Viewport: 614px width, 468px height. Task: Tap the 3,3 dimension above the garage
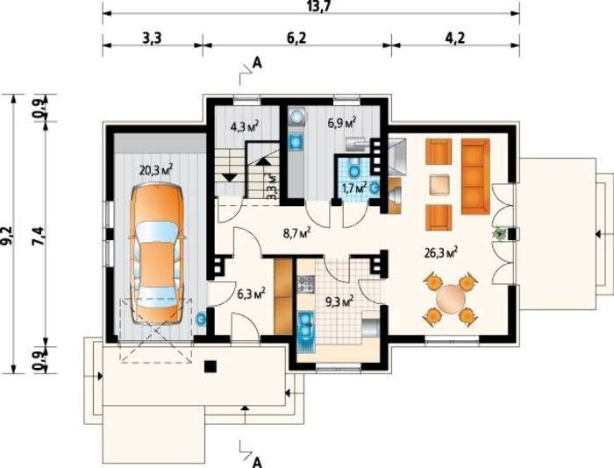pos(153,39)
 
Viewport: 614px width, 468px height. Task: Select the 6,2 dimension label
pos(296,39)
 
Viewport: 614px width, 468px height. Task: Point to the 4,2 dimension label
pos(455,39)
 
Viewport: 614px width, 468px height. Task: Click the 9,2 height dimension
pos(7,236)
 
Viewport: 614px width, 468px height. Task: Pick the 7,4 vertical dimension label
pos(39,236)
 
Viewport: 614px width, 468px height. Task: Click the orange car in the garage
pos(157,253)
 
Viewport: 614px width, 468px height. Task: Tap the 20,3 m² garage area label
pos(156,171)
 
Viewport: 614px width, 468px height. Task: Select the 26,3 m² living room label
pos(441,252)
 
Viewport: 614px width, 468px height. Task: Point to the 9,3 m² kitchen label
pos(339,301)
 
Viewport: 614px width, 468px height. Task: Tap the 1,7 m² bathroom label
pos(354,188)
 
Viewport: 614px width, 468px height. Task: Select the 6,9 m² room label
pos(342,124)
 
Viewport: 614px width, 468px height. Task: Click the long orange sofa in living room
pos(475,176)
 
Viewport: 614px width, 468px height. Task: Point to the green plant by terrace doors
pos(499,234)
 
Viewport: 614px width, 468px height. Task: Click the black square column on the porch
pos(211,366)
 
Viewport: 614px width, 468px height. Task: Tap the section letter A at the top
pos(257,62)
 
